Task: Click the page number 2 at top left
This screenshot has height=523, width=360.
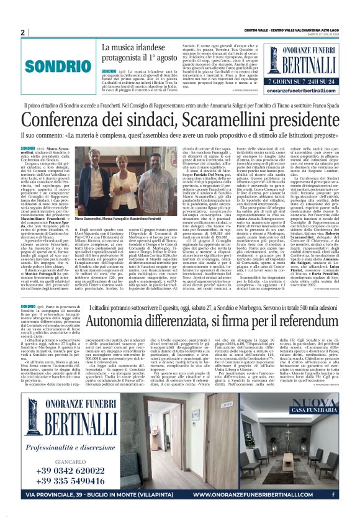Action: pos(23,33)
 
